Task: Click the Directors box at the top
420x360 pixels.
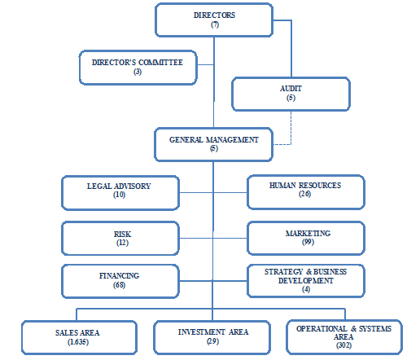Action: click(x=214, y=20)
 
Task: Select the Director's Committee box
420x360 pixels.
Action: click(x=138, y=68)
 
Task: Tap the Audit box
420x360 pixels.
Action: click(x=291, y=94)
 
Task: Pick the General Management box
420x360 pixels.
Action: click(x=213, y=144)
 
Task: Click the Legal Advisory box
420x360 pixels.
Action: click(x=120, y=193)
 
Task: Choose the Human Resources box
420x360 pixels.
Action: click(x=306, y=192)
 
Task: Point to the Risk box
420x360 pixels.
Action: click(x=120, y=239)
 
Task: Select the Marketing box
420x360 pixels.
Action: click(x=306, y=238)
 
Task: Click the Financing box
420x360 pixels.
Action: click(x=120, y=281)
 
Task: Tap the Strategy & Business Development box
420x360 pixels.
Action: click(x=306, y=281)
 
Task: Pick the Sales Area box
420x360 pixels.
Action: click(x=79, y=337)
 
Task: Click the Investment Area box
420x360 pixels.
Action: click(x=212, y=337)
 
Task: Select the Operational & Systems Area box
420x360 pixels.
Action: click(x=344, y=337)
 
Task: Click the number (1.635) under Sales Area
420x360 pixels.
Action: click(x=78, y=342)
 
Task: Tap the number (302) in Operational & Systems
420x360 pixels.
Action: click(x=343, y=345)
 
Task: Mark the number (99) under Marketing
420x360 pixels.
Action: click(x=308, y=242)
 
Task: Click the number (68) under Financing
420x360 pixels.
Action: click(x=119, y=285)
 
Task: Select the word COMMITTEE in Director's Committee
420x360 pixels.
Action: click(x=160, y=63)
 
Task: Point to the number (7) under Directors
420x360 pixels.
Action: click(x=215, y=24)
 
